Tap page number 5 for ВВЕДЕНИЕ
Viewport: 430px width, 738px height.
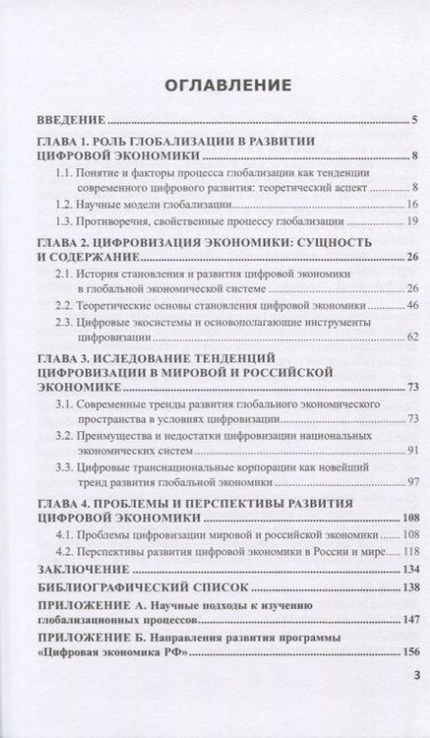(x=415, y=121)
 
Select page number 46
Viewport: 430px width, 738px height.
(x=412, y=306)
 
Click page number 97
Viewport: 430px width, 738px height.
(x=412, y=484)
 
